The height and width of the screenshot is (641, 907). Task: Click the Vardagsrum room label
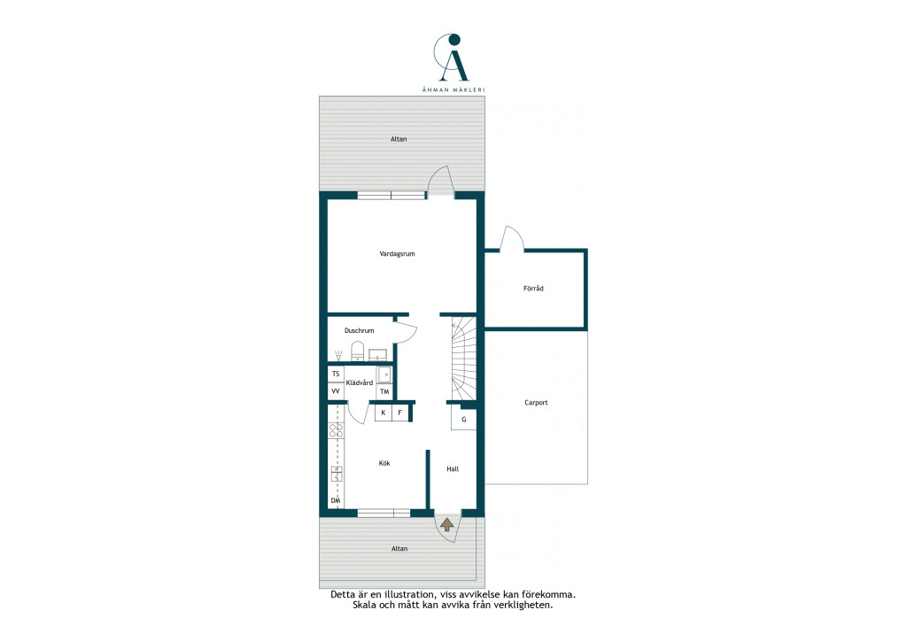397,254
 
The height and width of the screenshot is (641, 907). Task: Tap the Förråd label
533,289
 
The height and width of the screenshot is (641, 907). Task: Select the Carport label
536,403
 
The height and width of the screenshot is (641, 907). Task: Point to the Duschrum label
360,330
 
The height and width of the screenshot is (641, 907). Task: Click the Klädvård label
360,382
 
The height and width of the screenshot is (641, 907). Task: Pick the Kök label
384,463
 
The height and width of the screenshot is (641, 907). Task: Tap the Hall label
453,468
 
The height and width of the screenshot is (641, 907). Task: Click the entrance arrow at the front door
446,525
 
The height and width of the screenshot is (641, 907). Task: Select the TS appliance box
336,374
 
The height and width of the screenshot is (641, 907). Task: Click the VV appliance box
336,390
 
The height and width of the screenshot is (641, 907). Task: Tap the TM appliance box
384,392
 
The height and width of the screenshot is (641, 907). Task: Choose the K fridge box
383,413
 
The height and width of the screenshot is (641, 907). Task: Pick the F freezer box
399,413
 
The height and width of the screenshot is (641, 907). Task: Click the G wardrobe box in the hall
463,419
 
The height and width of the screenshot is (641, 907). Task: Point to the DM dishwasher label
336,500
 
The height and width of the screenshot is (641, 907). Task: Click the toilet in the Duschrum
358,351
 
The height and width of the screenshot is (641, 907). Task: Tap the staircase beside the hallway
463,359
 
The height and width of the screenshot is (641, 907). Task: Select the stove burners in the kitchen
336,430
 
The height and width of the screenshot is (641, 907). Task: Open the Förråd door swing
511,238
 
